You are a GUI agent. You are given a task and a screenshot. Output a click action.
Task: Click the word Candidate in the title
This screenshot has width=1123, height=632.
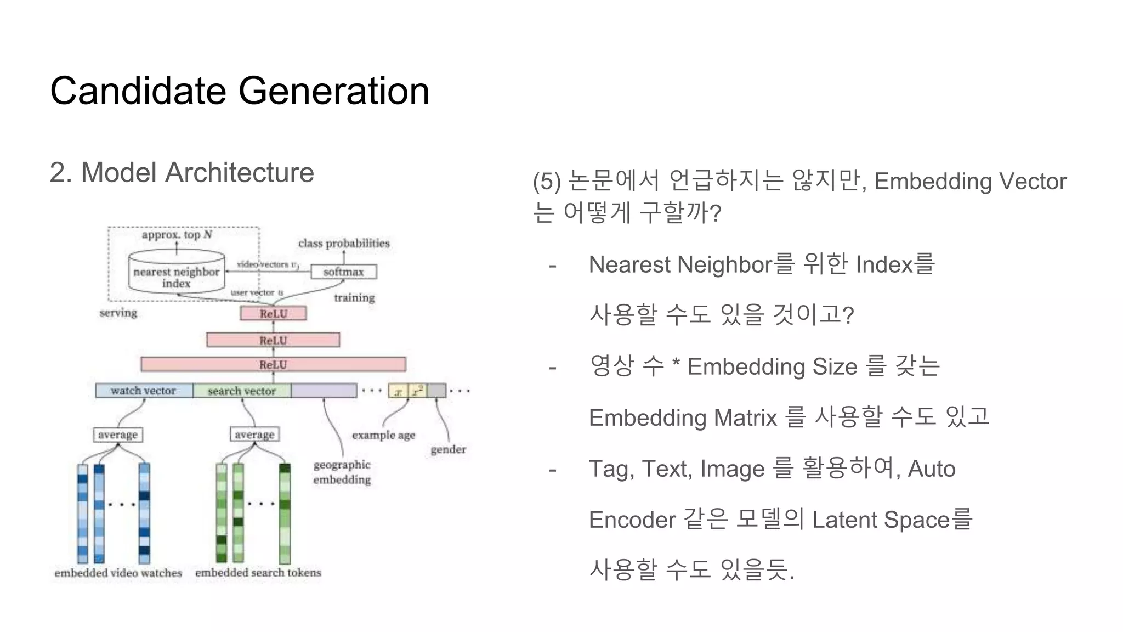point(138,91)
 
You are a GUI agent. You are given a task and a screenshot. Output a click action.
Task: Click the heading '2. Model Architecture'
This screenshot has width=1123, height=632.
point(182,173)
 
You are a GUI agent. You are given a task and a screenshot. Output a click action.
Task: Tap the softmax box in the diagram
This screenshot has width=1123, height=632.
point(343,272)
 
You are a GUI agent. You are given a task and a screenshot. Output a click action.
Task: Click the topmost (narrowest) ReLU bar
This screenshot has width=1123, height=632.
point(273,314)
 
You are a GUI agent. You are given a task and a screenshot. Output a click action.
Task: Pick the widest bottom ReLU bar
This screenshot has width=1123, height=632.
point(273,364)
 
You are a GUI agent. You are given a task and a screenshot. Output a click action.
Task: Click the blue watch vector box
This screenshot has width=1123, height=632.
point(144,391)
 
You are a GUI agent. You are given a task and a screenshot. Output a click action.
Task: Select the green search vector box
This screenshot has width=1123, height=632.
point(242,391)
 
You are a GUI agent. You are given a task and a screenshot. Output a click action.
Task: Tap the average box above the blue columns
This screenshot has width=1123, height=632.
point(117,435)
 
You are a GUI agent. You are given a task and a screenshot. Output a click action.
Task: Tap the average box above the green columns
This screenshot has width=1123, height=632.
point(254,434)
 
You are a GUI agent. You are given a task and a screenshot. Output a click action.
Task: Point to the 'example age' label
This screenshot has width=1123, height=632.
point(383,435)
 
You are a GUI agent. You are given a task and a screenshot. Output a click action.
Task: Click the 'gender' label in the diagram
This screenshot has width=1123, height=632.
point(448,449)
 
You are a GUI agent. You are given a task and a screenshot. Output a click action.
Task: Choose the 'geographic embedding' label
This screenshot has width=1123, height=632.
point(342,472)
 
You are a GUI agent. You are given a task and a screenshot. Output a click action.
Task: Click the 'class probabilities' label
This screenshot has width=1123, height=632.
point(344,243)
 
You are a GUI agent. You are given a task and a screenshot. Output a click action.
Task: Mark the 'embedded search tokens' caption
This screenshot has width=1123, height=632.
point(258,572)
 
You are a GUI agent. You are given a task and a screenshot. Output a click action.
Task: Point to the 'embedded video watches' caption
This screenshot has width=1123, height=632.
point(118,572)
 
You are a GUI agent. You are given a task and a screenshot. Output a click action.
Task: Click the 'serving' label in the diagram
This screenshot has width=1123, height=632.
point(118,313)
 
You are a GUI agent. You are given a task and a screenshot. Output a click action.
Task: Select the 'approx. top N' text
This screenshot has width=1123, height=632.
point(177,235)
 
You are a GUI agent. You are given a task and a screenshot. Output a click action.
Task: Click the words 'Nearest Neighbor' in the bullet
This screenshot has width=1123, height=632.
point(680,265)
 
